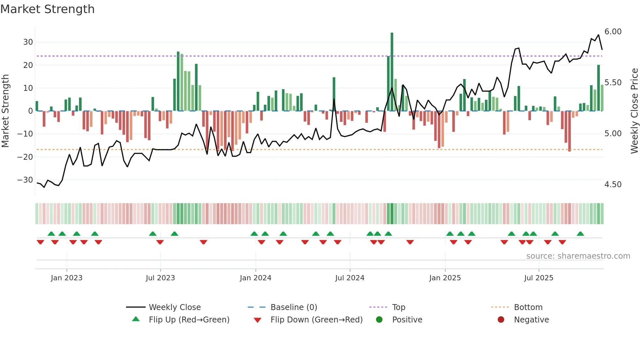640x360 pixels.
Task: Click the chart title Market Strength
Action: click(47, 9)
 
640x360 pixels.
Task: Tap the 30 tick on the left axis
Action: click(28, 42)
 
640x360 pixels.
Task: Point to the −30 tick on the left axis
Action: click(25, 180)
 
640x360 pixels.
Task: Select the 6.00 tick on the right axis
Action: click(613, 32)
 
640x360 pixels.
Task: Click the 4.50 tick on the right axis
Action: click(613, 185)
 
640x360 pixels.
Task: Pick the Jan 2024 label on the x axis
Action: click(255, 278)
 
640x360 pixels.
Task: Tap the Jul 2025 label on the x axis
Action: click(538, 278)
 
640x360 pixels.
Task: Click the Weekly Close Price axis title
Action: click(634, 111)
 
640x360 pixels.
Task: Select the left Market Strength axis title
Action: click(5, 111)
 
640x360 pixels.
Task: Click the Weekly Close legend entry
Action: click(175, 307)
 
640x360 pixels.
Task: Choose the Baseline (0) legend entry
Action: click(294, 307)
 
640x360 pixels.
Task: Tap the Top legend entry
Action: click(398, 307)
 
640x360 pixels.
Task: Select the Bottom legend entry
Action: click(528, 307)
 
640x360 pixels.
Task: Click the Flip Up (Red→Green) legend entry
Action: click(189, 320)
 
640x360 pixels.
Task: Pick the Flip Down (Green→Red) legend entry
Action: click(316, 320)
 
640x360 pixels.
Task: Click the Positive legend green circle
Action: click(379, 319)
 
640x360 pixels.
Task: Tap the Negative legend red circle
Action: click(501, 319)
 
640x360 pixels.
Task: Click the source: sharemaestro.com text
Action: click(578, 256)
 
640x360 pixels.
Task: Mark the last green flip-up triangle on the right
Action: click(580, 234)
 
